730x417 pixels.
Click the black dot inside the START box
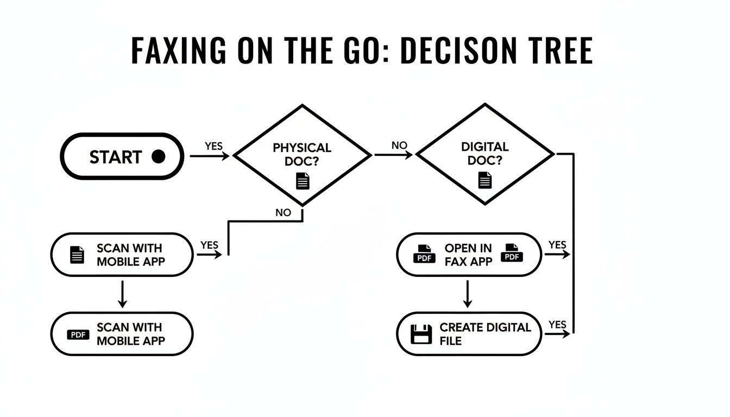(158, 157)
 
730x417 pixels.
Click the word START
(115, 157)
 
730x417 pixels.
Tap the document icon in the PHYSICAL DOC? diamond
(303, 181)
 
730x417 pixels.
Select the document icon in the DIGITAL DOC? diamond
(484, 180)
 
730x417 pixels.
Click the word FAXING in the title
(179, 51)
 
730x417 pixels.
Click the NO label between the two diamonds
(399, 146)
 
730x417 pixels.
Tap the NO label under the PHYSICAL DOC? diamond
(283, 213)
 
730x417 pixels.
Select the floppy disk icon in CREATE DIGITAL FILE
(421, 334)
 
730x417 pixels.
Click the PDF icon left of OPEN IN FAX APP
(425, 254)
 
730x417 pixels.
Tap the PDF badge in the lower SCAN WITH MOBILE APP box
(78, 334)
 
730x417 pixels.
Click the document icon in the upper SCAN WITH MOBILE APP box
(78, 255)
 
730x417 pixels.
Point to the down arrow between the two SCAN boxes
(122, 294)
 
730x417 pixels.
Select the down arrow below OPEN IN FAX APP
(467, 294)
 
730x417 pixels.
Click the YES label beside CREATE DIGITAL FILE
(557, 325)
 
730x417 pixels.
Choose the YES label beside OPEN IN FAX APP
(557, 245)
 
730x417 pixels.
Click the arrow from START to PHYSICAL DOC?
(210, 156)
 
